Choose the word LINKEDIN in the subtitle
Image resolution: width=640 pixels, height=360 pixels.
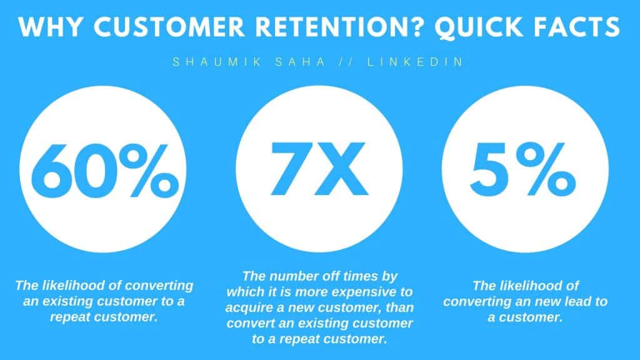(415, 62)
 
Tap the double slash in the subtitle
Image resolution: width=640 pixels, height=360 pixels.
(346, 62)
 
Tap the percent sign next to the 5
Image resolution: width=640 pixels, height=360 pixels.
(545, 169)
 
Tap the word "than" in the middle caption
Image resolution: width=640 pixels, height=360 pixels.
(399, 307)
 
